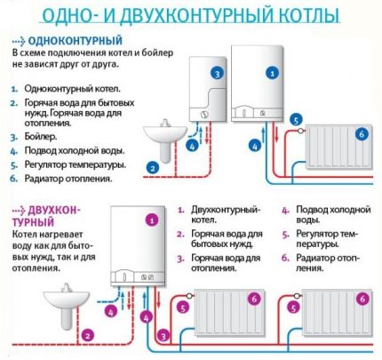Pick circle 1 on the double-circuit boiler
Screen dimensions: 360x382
pyautogui.click(x=151, y=219)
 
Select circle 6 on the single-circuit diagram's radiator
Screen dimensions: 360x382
pyautogui.click(x=360, y=133)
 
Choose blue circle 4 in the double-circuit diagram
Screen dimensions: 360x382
pyautogui.click(x=111, y=312)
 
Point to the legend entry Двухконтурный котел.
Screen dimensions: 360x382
pyautogui.click(x=226, y=214)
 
